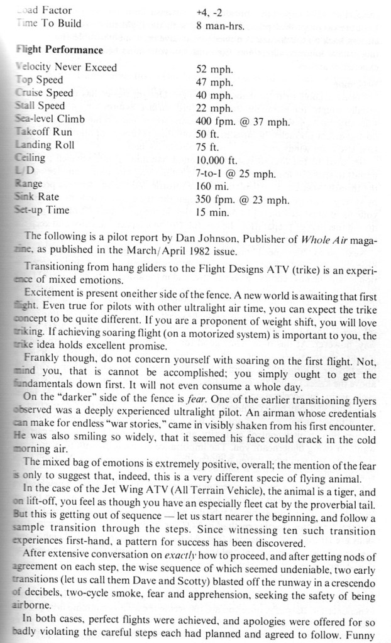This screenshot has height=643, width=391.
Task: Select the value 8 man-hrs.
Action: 219,26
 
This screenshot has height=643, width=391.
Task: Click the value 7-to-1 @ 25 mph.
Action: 236,173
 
